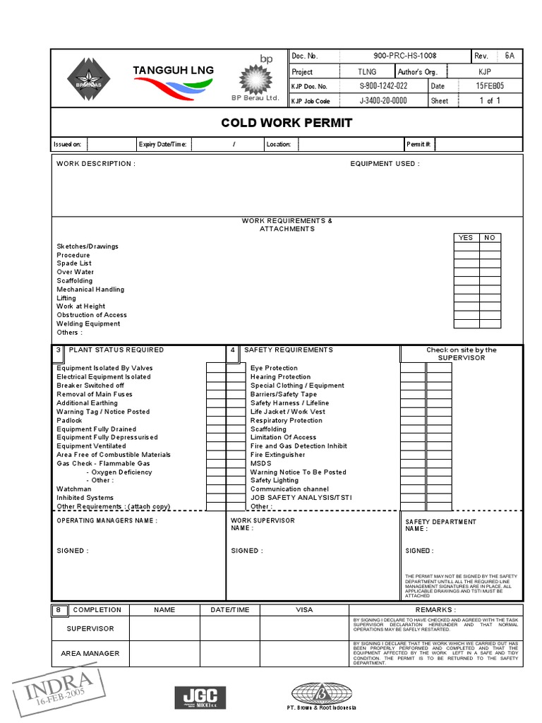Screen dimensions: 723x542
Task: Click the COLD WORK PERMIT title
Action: (x=287, y=123)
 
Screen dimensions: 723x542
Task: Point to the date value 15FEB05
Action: (x=490, y=86)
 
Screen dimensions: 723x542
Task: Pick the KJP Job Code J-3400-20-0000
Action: (x=383, y=101)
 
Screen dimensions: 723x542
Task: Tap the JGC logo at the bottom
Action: (x=200, y=696)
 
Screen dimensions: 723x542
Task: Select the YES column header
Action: (x=466, y=238)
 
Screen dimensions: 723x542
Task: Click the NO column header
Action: (x=490, y=238)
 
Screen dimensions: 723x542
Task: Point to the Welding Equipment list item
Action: (x=88, y=324)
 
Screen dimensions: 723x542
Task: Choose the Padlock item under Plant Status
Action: (x=70, y=421)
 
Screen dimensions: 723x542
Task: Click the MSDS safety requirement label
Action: (x=260, y=464)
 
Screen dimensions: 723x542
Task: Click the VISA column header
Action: (x=304, y=610)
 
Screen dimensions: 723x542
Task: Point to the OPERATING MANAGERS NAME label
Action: (x=107, y=521)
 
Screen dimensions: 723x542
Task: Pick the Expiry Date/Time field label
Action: (x=163, y=145)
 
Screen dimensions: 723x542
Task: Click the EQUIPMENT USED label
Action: (x=385, y=164)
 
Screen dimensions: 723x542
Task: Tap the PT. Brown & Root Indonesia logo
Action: (x=325, y=696)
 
